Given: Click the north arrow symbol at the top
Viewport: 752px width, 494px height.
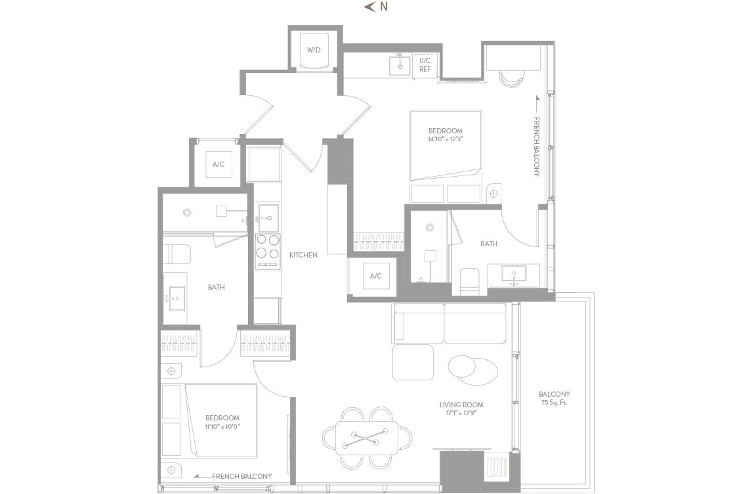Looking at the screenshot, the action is pos(369,7).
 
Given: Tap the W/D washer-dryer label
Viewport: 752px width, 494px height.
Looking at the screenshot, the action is pos(314,50).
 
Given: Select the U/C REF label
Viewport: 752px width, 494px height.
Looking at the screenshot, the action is pos(425,65).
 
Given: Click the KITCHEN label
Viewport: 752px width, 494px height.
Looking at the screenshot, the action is pos(303,255).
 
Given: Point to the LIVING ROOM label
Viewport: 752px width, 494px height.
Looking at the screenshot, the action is pos(461,405).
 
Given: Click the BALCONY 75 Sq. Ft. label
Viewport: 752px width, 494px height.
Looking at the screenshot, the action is pos(554,398).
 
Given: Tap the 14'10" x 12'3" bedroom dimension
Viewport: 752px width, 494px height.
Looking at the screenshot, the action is pos(446,139).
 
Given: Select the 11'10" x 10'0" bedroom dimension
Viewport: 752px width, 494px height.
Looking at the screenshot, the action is pos(222,426).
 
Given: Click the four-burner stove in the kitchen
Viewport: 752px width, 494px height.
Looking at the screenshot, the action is pos(268,250).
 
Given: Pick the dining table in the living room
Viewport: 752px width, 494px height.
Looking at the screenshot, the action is pos(367,438).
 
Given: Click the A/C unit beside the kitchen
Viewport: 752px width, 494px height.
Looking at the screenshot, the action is pos(376,276).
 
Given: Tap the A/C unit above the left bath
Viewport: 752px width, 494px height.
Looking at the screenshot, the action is pos(219,164).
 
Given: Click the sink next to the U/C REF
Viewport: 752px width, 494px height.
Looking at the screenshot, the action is pos(400,65).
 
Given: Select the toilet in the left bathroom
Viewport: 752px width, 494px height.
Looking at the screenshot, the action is pos(177,254).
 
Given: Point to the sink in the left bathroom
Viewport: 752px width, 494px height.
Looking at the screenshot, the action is pos(175,299).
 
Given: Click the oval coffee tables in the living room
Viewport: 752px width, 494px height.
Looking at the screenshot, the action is pos(473,370).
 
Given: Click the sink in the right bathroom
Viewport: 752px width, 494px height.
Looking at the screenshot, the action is pos(514,275).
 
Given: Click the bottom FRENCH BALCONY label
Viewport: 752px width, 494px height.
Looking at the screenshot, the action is pos(241,476).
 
